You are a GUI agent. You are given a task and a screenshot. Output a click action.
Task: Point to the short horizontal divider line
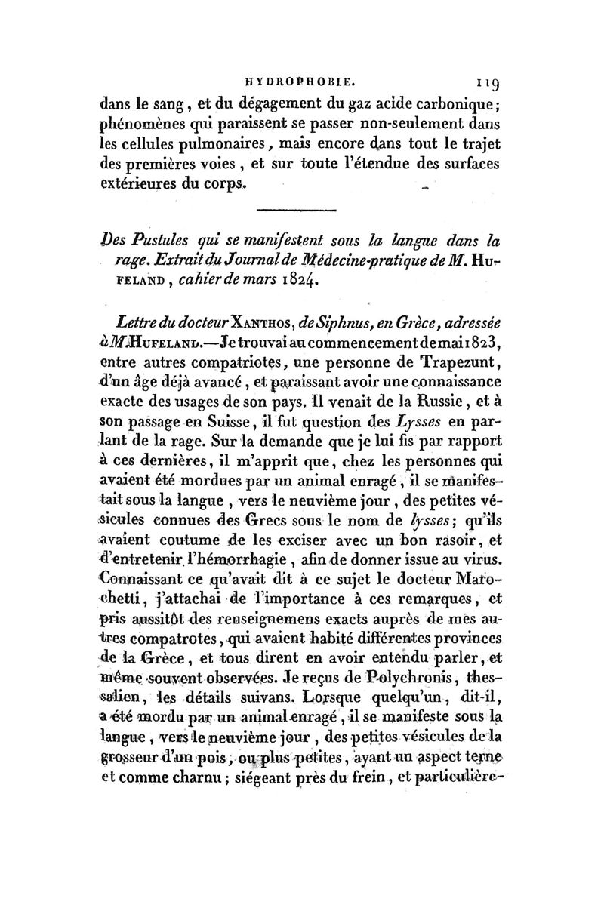[302, 209]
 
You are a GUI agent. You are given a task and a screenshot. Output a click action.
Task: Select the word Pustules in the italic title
[162, 242]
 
